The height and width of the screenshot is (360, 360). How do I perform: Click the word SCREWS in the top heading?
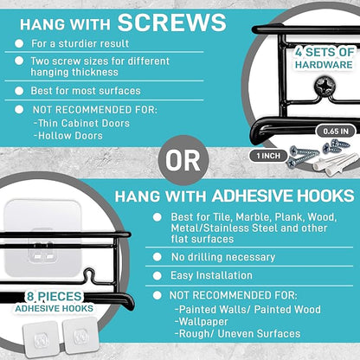(172, 22)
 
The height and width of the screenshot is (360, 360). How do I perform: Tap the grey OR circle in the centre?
(183, 160)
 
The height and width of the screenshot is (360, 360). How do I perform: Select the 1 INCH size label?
(268, 156)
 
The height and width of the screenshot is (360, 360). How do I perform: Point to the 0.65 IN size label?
(336, 132)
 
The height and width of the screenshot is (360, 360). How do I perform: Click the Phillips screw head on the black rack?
(325, 86)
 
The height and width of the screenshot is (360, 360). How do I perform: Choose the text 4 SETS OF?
(325, 52)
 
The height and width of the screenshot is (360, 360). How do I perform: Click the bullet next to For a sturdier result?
(19, 43)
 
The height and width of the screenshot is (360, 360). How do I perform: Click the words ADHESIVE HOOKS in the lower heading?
(283, 196)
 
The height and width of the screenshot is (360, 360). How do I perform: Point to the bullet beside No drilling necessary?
(157, 257)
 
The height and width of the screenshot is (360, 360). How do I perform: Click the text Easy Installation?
(211, 275)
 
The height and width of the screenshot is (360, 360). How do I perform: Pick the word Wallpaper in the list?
(203, 322)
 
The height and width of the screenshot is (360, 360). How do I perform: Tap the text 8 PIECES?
(55, 297)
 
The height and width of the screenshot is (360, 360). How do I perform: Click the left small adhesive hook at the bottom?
(41, 338)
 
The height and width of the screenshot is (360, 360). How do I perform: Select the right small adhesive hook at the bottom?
(80, 336)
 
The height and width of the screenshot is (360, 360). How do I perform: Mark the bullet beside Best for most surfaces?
(19, 91)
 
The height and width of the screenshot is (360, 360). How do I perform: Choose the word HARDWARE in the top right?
(324, 65)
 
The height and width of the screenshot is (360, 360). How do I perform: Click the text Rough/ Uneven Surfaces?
(240, 334)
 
